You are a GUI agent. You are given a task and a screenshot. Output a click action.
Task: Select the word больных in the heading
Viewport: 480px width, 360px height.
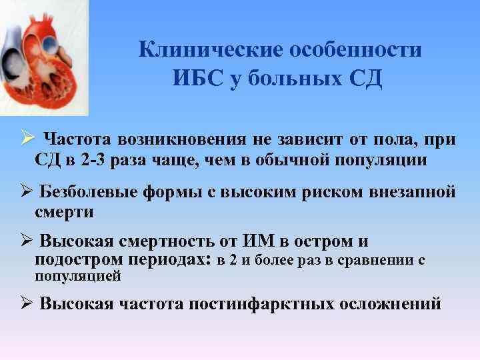click(296, 78)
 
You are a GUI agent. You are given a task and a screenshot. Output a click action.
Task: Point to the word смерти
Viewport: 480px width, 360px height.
click(65, 212)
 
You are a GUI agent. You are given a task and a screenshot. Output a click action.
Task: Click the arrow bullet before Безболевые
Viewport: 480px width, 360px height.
click(26, 192)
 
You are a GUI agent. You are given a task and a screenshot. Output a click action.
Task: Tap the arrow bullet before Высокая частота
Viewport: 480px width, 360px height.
click(26, 304)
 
